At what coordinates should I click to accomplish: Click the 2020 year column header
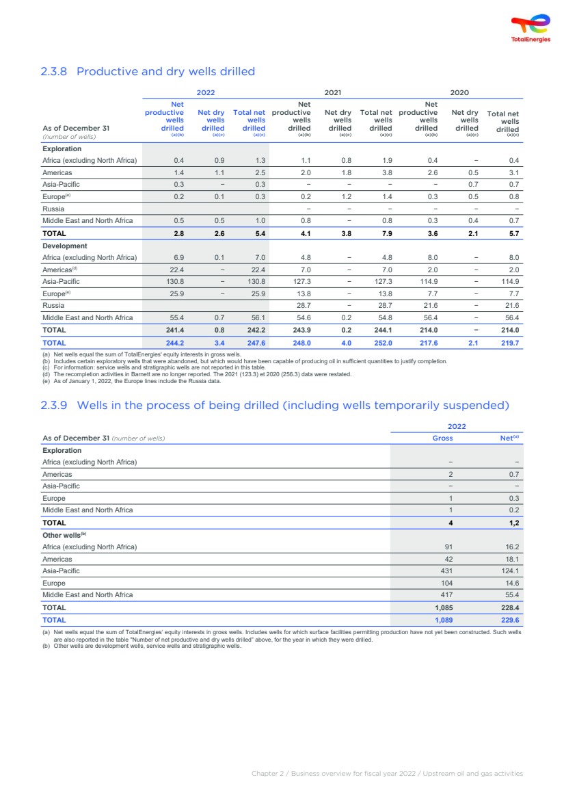(459, 92)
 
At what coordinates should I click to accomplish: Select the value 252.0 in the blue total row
(384, 342)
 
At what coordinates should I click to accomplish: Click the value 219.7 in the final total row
(510, 342)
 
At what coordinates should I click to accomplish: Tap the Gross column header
(442, 438)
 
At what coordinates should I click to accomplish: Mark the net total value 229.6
(510, 620)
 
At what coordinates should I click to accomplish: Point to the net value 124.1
(510, 571)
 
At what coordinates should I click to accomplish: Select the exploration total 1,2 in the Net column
(513, 523)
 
